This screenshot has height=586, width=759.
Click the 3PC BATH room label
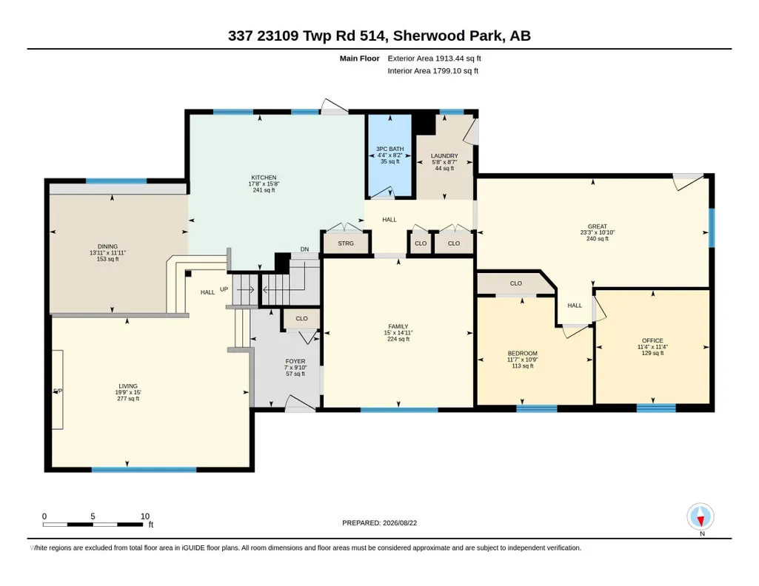click(390, 149)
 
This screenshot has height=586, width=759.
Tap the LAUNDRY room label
click(444, 155)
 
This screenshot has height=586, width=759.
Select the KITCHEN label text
click(264, 178)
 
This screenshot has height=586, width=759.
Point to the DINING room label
click(107, 246)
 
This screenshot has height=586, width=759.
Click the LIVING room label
click(128, 385)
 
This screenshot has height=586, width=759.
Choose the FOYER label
click(295, 361)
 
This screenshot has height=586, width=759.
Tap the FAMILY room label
click(398, 326)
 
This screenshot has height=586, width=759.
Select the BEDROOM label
click(523, 354)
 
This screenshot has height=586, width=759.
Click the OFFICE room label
click(652, 340)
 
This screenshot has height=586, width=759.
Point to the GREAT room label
click(598, 226)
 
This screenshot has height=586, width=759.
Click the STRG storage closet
click(346, 243)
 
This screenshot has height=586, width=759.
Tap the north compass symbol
click(701, 517)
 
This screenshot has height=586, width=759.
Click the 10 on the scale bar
click(145, 516)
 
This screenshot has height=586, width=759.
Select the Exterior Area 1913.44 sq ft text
click(434, 58)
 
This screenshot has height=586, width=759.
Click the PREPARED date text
click(379, 522)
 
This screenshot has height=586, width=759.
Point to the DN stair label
click(304, 249)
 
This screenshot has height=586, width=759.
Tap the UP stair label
click(224, 289)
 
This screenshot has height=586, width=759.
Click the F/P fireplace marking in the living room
click(58, 391)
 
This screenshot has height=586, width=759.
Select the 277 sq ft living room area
click(128, 398)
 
